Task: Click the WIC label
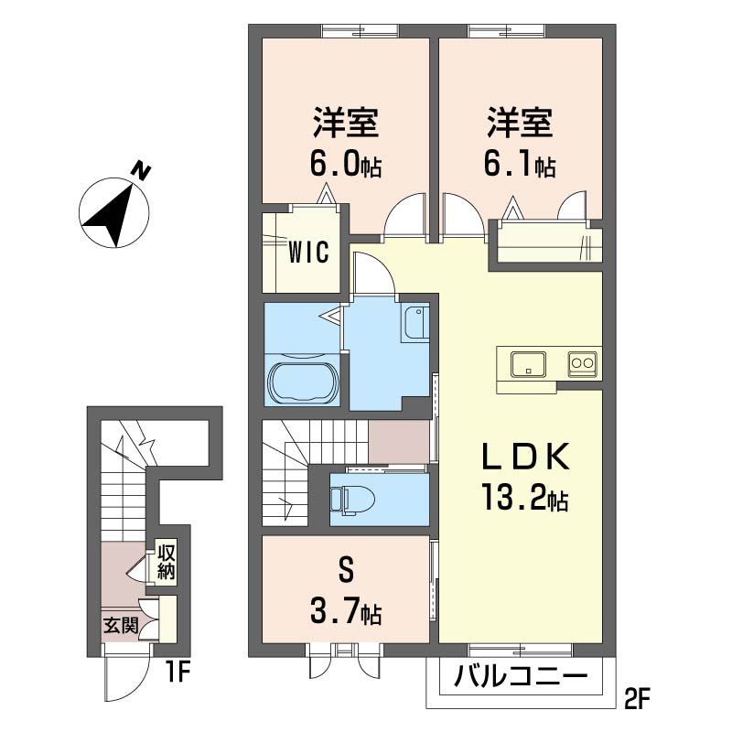click(308, 253)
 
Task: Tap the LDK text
click(525, 456)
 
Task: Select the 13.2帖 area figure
click(524, 498)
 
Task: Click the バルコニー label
click(521, 676)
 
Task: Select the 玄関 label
click(121, 626)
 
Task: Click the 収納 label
click(166, 562)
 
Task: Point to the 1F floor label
click(177, 673)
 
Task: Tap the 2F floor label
click(637, 698)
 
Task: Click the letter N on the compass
click(140, 171)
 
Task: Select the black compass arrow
click(110, 215)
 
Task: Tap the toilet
click(352, 500)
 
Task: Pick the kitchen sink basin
click(528, 364)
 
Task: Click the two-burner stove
click(582, 363)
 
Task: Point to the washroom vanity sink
click(414, 323)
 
